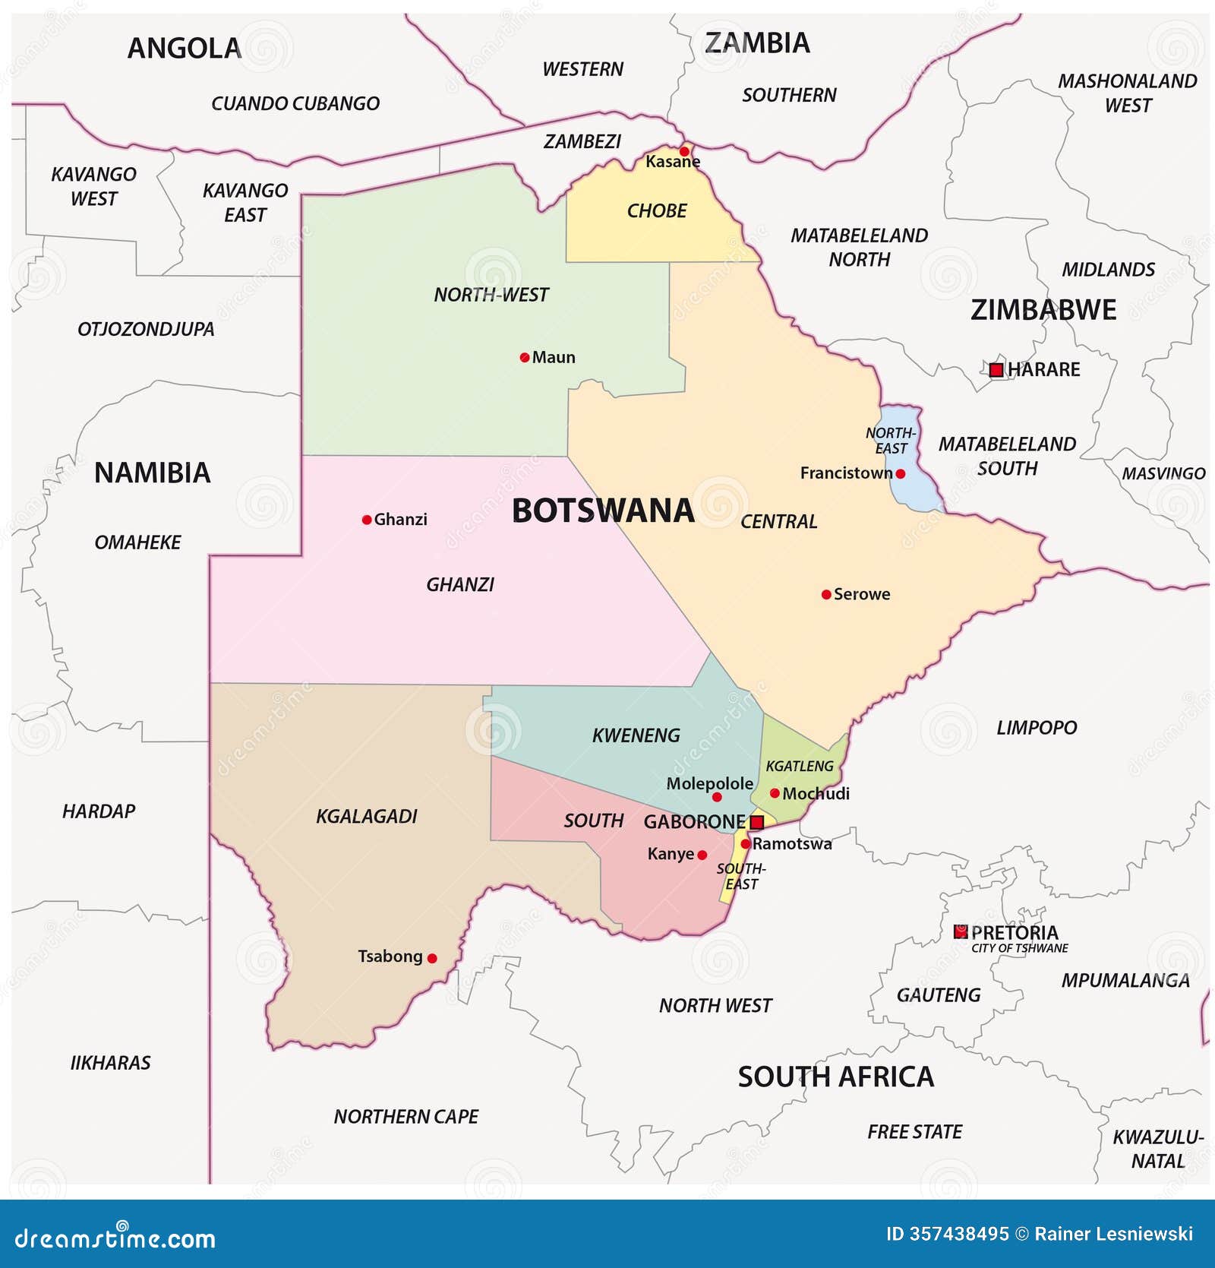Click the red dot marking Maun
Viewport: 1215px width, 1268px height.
point(524,357)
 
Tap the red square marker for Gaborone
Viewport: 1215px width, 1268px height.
point(756,822)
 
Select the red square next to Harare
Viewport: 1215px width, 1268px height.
point(996,370)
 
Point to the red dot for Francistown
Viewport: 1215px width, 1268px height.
point(900,473)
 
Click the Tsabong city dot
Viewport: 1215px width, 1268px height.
point(432,958)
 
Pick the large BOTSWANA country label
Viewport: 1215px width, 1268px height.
point(603,511)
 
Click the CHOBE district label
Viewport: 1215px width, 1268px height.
point(656,210)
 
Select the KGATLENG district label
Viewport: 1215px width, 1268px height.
point(799,766)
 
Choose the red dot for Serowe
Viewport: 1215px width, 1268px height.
point(826,594)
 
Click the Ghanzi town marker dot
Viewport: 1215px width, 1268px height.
point(367,520)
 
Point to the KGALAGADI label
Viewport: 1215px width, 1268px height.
point(366,816)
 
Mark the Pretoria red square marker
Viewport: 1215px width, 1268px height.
point(961,931)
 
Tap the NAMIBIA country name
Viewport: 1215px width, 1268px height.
point(152,473)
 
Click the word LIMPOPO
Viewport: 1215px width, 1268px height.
point(1036,728)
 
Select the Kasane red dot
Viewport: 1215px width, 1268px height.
point(684,151)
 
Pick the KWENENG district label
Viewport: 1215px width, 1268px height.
point(636,735)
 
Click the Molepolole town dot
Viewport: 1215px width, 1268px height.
point(716,797)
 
